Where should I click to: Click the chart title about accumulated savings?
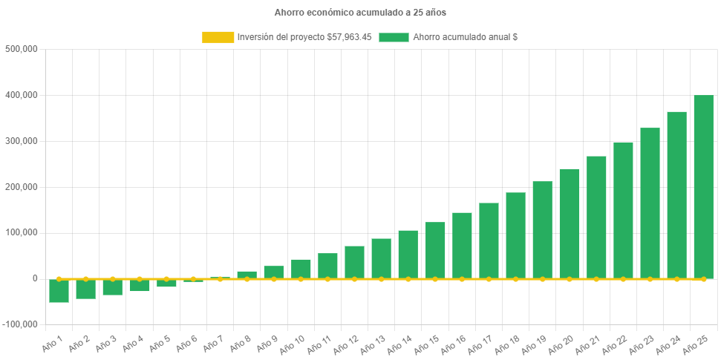(360, 13)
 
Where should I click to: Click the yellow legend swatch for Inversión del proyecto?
(218, 37)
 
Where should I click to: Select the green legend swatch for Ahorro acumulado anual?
(394, 37)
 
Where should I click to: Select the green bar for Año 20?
(569, 223)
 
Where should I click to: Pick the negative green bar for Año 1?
(59, 291)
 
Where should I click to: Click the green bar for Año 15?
(435, 250)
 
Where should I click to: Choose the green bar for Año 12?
(354, 262)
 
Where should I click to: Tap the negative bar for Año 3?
(113, 287)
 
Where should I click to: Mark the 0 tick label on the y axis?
(34, 278)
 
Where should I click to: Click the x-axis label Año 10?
(291, 344)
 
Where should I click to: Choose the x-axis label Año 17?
(479, 344)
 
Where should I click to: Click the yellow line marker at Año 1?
(59, 279)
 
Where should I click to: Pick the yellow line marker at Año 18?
(515, 279)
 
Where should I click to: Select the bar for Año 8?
(247, 275)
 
